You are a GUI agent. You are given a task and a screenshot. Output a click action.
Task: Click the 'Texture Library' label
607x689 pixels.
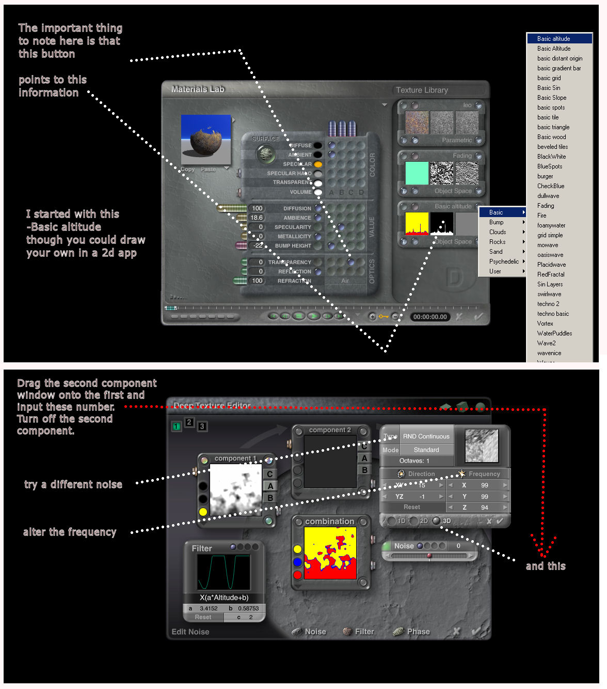point(422,90)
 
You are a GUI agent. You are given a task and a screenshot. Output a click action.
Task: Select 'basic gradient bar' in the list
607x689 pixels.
point(558,68)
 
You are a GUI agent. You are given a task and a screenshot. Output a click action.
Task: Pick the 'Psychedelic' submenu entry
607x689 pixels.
point(504,262)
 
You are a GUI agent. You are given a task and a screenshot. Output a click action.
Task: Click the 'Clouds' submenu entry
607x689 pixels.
point(498,232)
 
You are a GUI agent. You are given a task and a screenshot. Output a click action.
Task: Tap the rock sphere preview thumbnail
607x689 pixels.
point(206,140)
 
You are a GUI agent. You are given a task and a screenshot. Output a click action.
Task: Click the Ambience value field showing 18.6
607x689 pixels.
point(257,218)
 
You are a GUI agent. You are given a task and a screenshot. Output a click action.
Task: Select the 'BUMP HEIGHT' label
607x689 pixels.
point(293,246)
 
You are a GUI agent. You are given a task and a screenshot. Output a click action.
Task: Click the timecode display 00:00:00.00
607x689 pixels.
point(430,317)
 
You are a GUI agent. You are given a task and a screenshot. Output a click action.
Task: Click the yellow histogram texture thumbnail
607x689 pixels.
point(417,224)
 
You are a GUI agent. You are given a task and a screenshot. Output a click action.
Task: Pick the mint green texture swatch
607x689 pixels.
point(417,173)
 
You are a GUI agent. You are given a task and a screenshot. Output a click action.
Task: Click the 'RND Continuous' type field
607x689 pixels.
point(426,436)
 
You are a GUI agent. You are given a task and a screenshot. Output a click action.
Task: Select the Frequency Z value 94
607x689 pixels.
point(484,508)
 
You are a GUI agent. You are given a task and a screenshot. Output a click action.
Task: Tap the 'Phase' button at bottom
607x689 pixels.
point(418,632)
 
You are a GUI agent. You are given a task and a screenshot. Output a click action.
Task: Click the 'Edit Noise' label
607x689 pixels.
point(190,632)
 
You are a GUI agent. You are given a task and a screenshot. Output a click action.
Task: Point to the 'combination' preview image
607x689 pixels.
point(330,553)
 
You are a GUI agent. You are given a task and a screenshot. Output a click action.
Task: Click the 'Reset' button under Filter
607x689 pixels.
point(203,617)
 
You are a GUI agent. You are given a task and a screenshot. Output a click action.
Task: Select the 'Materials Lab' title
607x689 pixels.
point(198,89)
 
